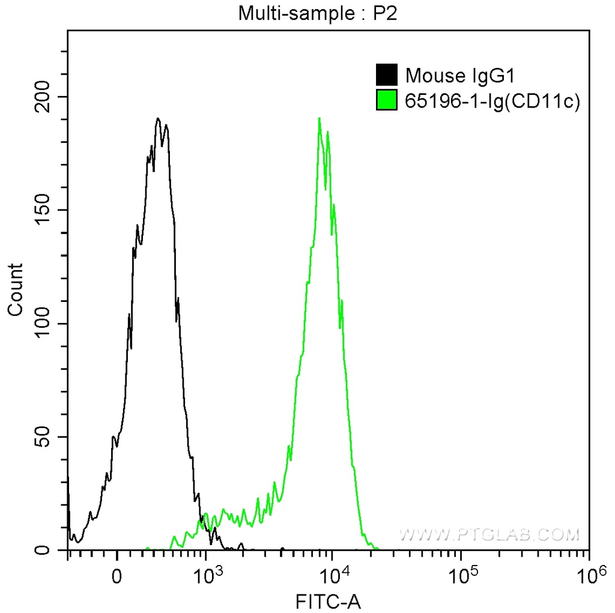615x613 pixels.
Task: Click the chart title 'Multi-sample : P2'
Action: (x=318, y=13)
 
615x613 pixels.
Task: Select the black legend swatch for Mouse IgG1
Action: (x=386, y=76)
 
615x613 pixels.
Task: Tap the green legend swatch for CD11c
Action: (x=386, y=100)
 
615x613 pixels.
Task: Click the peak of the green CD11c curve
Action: (x=320, y=119)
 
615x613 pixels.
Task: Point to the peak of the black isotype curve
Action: (x=157, y=119)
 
